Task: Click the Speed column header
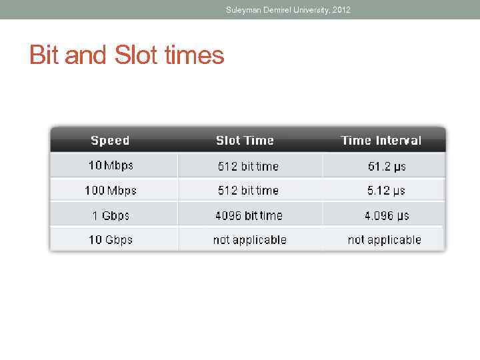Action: tap(110, 140)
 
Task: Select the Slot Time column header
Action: tap(245, 140)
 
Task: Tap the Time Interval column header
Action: tap(381, 140)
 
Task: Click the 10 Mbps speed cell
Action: tap(110, 165)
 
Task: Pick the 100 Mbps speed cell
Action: tap(110, 191)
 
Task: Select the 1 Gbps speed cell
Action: tap(110, 215)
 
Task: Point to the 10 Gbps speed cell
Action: tap(110, 239)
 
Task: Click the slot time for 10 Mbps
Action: tap(248, 166)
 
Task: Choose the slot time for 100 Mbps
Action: tap(248, 191)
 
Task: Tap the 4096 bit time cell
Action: tap(249, 215)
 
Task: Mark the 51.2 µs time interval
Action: tap(387, 166)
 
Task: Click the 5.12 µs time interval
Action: tap(386, 191)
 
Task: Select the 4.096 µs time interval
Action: tap(387, 215)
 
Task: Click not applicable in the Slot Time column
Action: tap(249, 239)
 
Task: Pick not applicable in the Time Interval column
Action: tap(384, 239)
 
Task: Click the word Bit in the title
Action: tap(44, 55)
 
